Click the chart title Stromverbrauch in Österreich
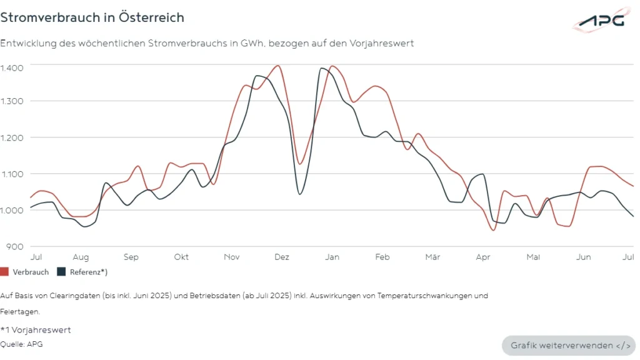click(92, 17)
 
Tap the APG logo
click(601, 20)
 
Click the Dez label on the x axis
click(281, 257)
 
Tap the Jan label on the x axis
click(332, 257)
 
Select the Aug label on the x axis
click(81, 257)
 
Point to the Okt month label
click(181, 257)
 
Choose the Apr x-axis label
click(482, 257)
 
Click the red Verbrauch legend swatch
click(4, 272)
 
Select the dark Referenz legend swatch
click(61, 272)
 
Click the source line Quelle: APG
click(22, 344)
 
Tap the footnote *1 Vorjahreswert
click(36, 330)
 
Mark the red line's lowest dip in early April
click(493, 230)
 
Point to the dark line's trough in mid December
click(300, 194)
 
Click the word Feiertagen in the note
click(20, 311)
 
